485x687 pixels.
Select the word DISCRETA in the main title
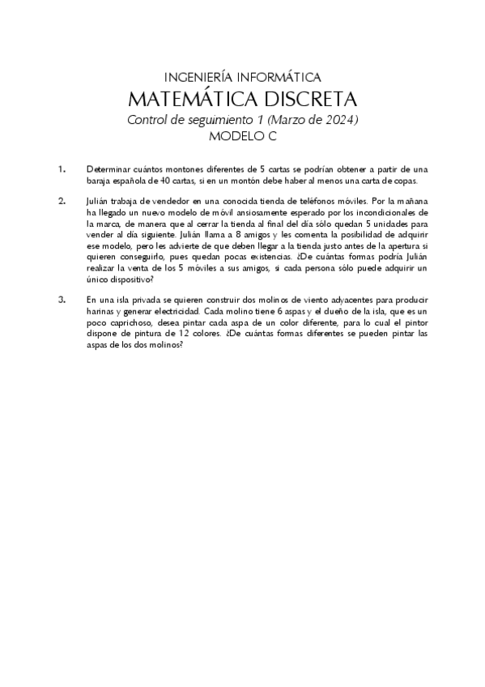click(x=311, y=100)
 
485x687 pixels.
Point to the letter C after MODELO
click(x=271, y=137)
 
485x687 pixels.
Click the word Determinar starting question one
click(x=109, y=169)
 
